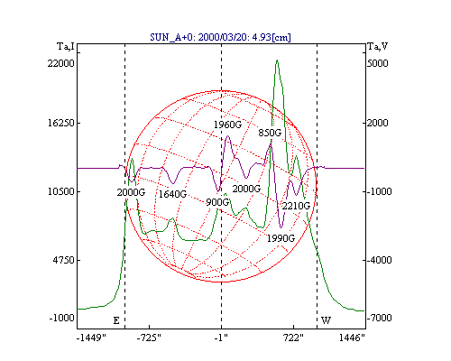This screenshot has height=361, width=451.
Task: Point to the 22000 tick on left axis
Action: click(60, 63)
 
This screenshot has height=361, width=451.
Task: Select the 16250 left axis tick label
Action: click(60, 123)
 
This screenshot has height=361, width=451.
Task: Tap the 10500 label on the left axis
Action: click(60, 191)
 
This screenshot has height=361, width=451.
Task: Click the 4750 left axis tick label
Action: click(63, 260)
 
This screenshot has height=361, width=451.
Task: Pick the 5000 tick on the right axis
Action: click(378, 63)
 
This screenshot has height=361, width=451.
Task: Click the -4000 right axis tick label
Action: click(380, 260)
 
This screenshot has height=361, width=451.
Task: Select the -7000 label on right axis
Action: click(380, 318)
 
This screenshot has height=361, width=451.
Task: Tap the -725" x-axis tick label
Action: click(149, 338)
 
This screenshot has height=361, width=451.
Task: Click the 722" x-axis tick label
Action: click(293, 338)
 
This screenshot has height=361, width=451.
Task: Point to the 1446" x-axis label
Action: click(352, 338)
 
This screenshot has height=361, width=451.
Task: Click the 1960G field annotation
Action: click(227, 125)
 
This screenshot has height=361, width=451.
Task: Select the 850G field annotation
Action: click(270, 133)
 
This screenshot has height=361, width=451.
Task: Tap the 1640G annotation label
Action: click(172, 194)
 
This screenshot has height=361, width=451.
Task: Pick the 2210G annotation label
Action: click(296, 206)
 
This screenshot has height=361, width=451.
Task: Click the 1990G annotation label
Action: click(281, 238)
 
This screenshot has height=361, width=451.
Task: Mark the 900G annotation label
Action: click(217, 202)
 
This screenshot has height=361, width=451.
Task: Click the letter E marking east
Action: click(116, 320)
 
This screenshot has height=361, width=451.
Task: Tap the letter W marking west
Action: click(326, 320)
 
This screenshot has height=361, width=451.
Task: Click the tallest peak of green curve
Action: click(277, 60)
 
